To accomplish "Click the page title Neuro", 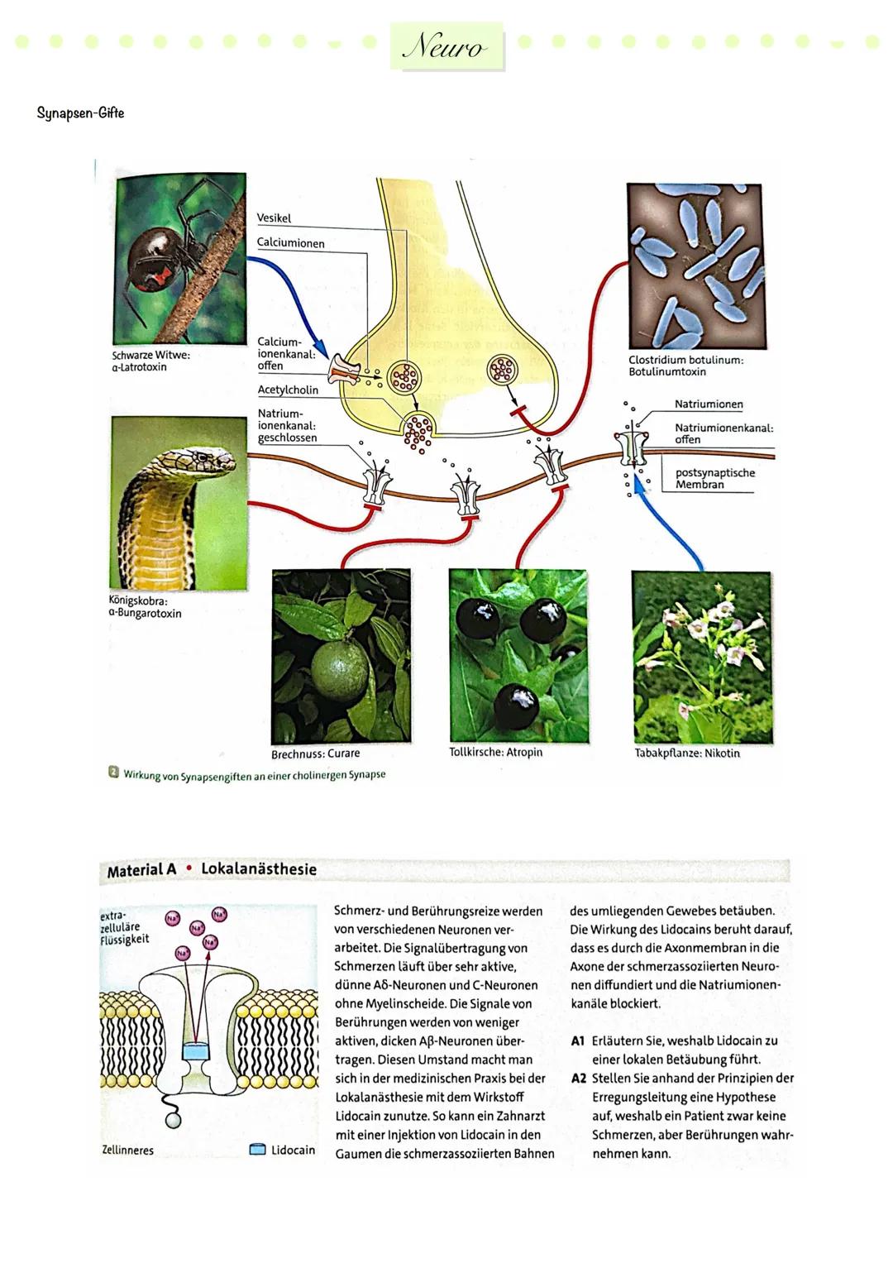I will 447,47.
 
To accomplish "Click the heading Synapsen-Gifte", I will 80,113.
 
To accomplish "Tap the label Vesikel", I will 275,218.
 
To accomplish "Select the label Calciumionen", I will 291,244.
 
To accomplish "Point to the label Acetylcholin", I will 288,390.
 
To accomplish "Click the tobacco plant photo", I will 702,657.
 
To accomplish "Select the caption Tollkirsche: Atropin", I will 496,753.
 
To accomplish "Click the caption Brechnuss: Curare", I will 315,754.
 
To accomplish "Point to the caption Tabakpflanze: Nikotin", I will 687,753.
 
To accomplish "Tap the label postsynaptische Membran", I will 714,479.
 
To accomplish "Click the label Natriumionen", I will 709,404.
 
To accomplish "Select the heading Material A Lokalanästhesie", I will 212,870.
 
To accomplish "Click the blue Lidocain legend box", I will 257,1150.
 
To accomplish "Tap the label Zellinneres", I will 127,1151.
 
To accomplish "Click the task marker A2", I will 578,1079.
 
